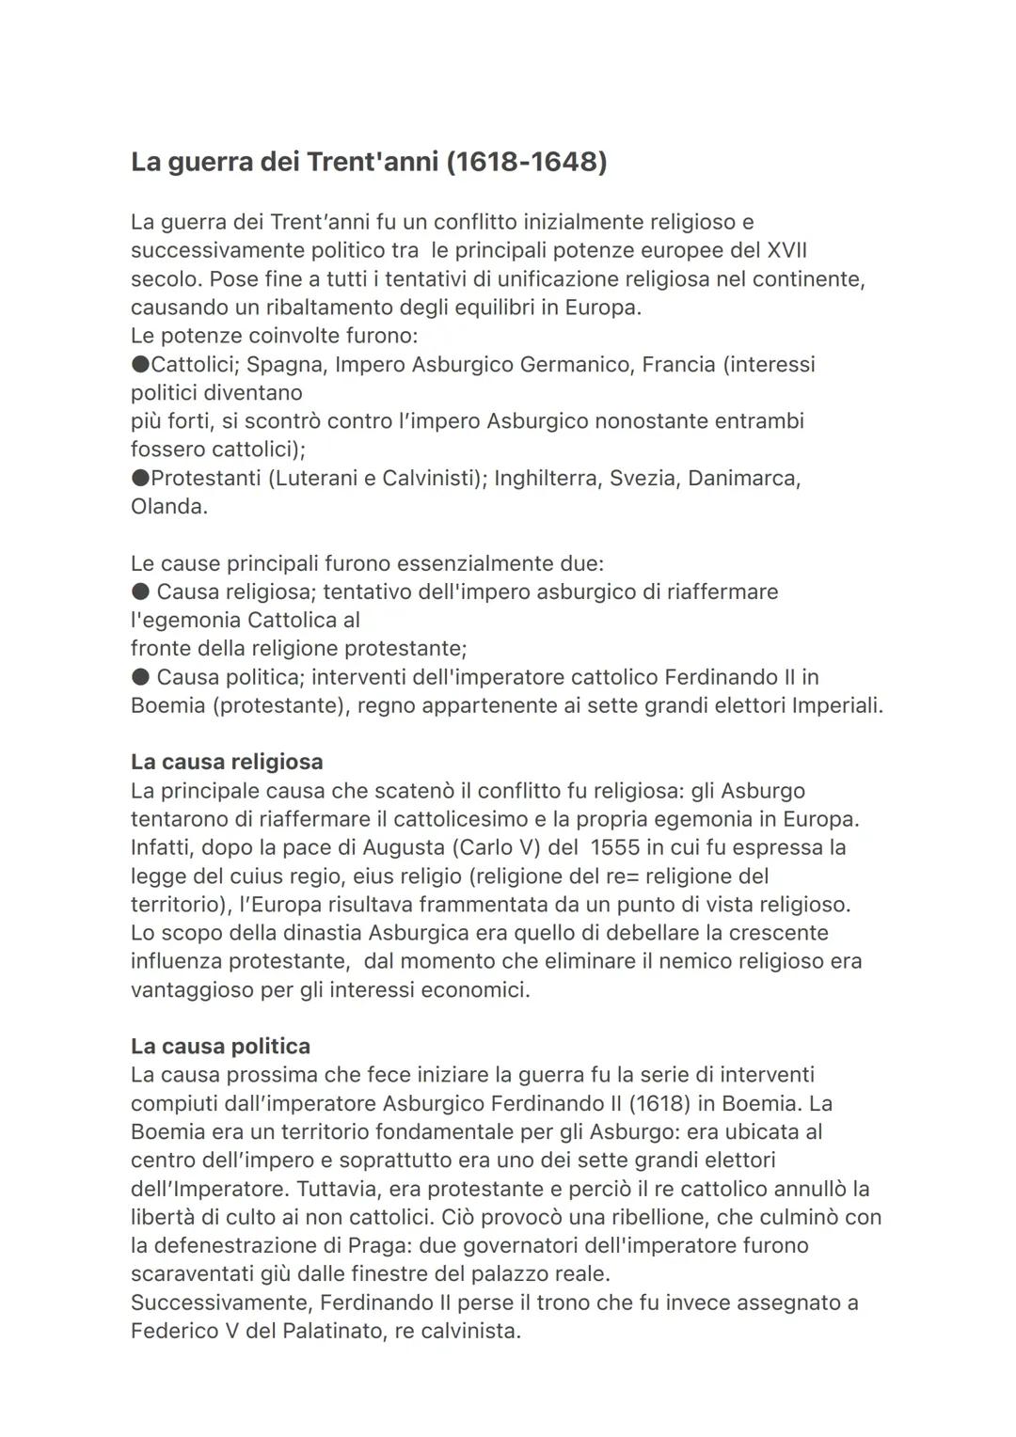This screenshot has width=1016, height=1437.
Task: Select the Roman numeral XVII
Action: (787, 250)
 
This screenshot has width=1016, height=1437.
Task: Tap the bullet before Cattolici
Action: (140, 364)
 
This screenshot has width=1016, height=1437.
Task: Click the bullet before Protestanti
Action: (140, 478)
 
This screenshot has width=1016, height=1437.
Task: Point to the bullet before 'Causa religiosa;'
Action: (140, 592)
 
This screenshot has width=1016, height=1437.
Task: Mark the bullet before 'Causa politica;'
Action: (140, 677)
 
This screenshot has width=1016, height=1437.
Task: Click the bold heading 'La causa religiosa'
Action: (227, 762)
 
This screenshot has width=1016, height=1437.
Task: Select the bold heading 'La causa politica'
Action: (220, 1046)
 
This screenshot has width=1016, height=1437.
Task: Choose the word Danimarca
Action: (744, 478)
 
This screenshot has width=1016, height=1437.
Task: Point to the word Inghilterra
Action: (547, 478)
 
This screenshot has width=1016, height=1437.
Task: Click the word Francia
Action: (678, 364)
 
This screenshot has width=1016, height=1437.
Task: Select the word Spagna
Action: (286, 364)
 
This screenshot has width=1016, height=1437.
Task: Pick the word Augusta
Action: (404, 847)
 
